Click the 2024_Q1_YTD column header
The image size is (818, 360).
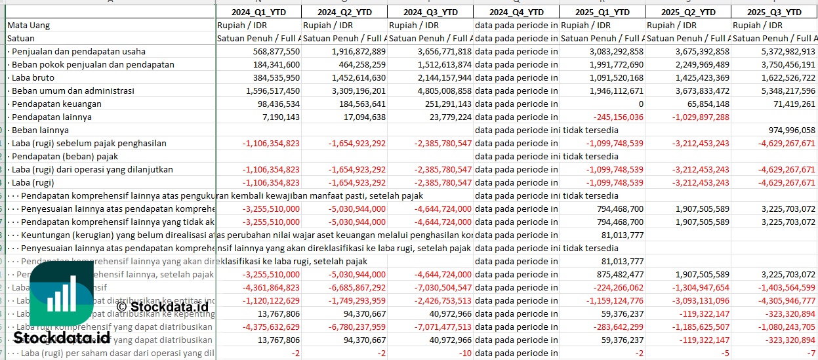coord(258,12)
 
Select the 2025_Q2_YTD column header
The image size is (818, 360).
coord(688,12)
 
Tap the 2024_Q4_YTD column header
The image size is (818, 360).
coord(516,12)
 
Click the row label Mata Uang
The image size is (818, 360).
coord(29,25)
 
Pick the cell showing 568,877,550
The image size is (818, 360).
coord(271,51)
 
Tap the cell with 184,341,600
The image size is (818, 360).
coord(271,64)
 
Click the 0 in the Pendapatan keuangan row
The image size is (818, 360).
coord(640,104)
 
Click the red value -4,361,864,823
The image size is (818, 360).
coord(271,287)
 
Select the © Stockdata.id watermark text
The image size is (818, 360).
coord(162,306)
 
